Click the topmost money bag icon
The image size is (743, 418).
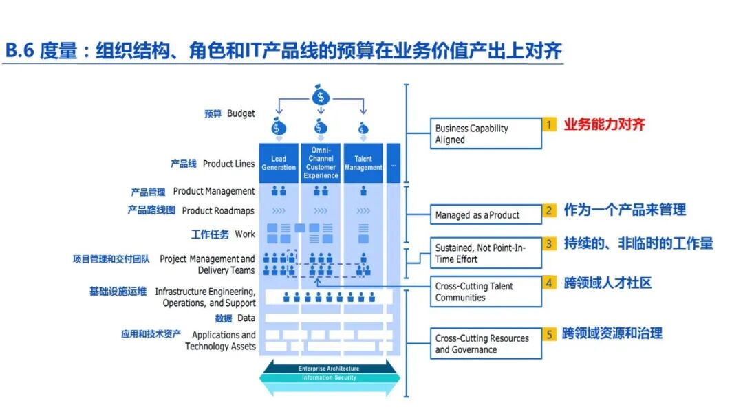pyautogui.click(x=320, y=96)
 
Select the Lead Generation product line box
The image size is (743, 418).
pyautogui.click(x=279, y=163)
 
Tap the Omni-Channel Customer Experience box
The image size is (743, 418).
pyautogui.click(x=321, y=163)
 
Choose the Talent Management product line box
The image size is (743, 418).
pyautogui.click(x=363, y=163)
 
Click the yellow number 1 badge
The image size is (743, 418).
pyautogui.click(x=549, y=124)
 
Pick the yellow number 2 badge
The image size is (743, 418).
pyautogui.click(x=549, y=211)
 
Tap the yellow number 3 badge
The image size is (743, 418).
pyautogui.click(x=549, y=244)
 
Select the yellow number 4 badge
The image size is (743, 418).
pyautogui.click(x=549, y=283)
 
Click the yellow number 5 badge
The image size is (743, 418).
pyautogui.click(x=549, y=334)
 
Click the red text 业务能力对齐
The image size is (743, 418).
pyautogui.click(x=605, y=124)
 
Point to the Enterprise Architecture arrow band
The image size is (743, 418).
pyautogui.click(x=328, y=368)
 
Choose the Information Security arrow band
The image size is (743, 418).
pyautogui.click(x=328, y=377)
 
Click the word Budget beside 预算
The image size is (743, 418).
pyautogui.click(x=241, y=113)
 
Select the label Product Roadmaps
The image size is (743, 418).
pyautogui.click(x=218, y=211)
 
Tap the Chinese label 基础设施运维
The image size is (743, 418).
pyautogui.click(x=118, y=291)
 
